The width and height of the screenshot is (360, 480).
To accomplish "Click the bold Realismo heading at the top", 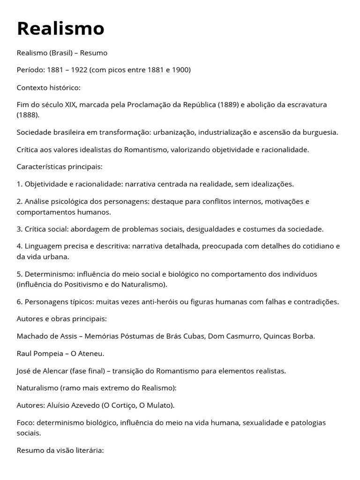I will [60, 29].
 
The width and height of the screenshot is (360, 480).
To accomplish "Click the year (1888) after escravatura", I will [28, 115].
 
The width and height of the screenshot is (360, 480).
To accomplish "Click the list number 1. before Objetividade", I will [20, 184].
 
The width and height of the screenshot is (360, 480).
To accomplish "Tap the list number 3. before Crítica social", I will [20, 229].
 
